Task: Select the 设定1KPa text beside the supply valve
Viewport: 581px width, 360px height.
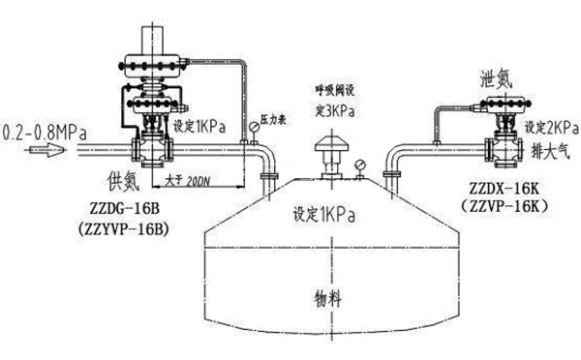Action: [199, 127]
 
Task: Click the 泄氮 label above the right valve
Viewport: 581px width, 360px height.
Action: [496, 77]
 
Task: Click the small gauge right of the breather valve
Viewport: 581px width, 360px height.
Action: [361, 165]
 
